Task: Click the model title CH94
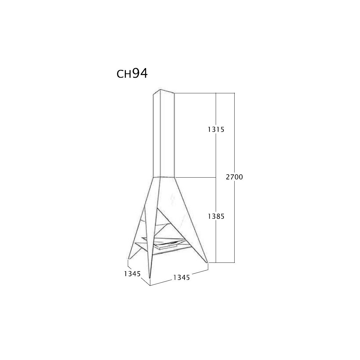[x=132, y=73]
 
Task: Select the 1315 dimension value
[x=216, y=130]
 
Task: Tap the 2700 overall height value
[x=234, y=177]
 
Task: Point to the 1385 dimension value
[x=216, y=216]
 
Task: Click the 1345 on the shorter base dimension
[x=132, y=274]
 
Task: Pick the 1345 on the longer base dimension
[x=181, y=277]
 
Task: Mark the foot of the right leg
[x=207, y=262]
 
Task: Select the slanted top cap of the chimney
[x=164, y=91]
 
